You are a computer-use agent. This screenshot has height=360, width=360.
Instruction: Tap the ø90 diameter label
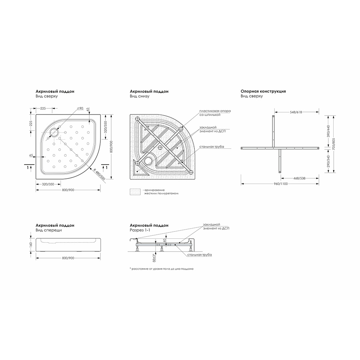coord(80,108)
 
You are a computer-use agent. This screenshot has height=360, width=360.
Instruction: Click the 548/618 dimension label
coord(296,112)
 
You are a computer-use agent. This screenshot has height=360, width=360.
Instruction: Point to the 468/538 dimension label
coord(299,178)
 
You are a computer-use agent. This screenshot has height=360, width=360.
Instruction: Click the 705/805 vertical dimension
coord(334,144)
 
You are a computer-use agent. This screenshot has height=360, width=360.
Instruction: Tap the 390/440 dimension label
coord(328,131)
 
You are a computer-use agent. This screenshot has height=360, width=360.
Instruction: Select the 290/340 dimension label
coord(328,161)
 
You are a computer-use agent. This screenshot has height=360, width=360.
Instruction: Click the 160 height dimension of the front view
coord(31,244)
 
